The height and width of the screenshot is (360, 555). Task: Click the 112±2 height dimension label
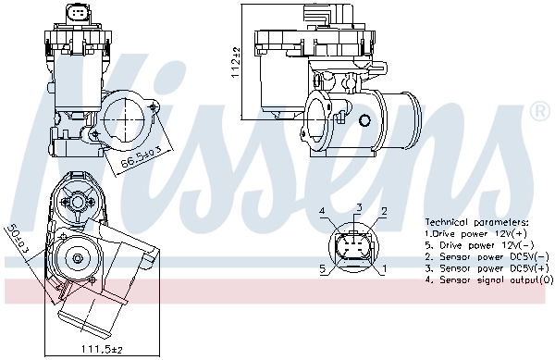point(236,63)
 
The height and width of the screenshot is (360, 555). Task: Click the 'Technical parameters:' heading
point(476,223)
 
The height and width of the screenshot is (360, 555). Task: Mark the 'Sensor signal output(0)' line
point(487,279)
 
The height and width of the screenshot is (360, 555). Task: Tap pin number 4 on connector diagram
point(323,212)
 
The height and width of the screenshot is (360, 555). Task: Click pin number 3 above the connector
point(358,206)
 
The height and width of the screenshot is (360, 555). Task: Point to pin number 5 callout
point(323,269)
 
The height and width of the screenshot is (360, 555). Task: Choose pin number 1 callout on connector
point(383,269)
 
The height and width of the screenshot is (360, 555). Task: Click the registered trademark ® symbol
point(539,112)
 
